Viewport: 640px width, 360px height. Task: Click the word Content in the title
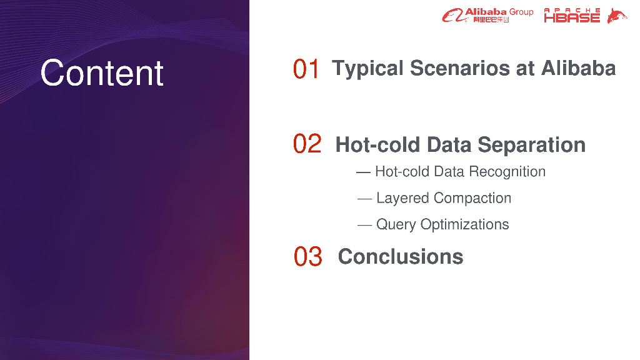coord(102,73)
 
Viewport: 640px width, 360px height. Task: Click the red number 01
coord(306,69)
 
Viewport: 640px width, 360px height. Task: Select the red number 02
coord(307,144)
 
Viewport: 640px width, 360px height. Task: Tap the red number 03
coord(307,256)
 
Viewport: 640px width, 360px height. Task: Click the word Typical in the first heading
coord(367,69)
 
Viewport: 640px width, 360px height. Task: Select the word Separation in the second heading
coord(531,145)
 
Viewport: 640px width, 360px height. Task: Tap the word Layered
coord(402,198)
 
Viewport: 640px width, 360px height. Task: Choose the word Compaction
coord(472,198)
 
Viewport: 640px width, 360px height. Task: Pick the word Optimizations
coord(464,224)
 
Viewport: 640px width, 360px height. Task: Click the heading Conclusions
coord(401,257)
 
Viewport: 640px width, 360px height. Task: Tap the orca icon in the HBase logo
coord(617,16)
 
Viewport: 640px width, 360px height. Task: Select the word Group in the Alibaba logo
coord(521,12)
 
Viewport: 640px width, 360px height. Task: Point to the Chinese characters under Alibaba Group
coord(491,19)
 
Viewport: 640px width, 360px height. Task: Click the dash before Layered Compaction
coord(364,199)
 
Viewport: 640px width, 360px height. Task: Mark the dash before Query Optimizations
coord(364,225)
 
